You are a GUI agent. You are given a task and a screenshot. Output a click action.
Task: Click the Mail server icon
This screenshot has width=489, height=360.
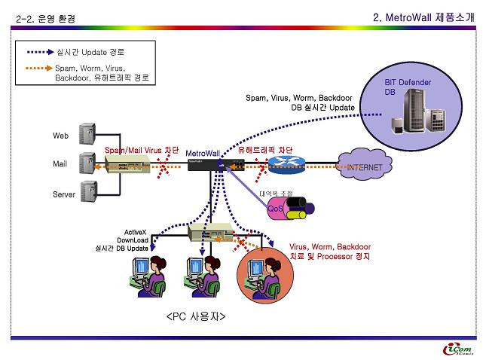click(87, 163)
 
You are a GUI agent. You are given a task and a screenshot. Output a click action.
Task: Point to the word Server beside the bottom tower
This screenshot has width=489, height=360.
click(64, 194)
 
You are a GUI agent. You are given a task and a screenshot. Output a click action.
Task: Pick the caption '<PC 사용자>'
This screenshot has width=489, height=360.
click(196, 316)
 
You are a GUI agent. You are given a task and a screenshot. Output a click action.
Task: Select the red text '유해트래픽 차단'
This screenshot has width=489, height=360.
click(265, 151)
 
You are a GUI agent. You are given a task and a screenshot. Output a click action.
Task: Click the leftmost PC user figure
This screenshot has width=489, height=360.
click(148, 273)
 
